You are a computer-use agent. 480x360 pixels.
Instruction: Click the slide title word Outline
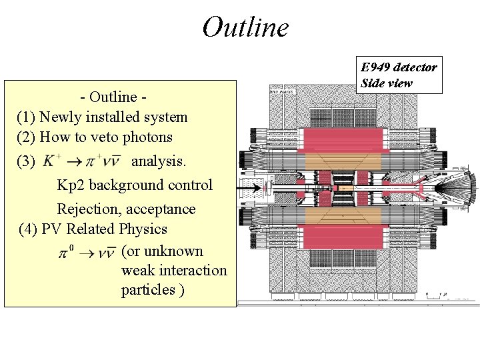click(245, 27)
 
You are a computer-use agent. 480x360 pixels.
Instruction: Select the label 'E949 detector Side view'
click(399, 75)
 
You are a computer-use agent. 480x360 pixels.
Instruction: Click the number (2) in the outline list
click(26, 137)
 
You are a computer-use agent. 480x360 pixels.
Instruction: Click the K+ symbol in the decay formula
click(52, 160)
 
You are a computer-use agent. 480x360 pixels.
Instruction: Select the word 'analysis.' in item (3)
click(159, 161)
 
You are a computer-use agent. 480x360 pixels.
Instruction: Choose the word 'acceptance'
click(164, 209)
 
